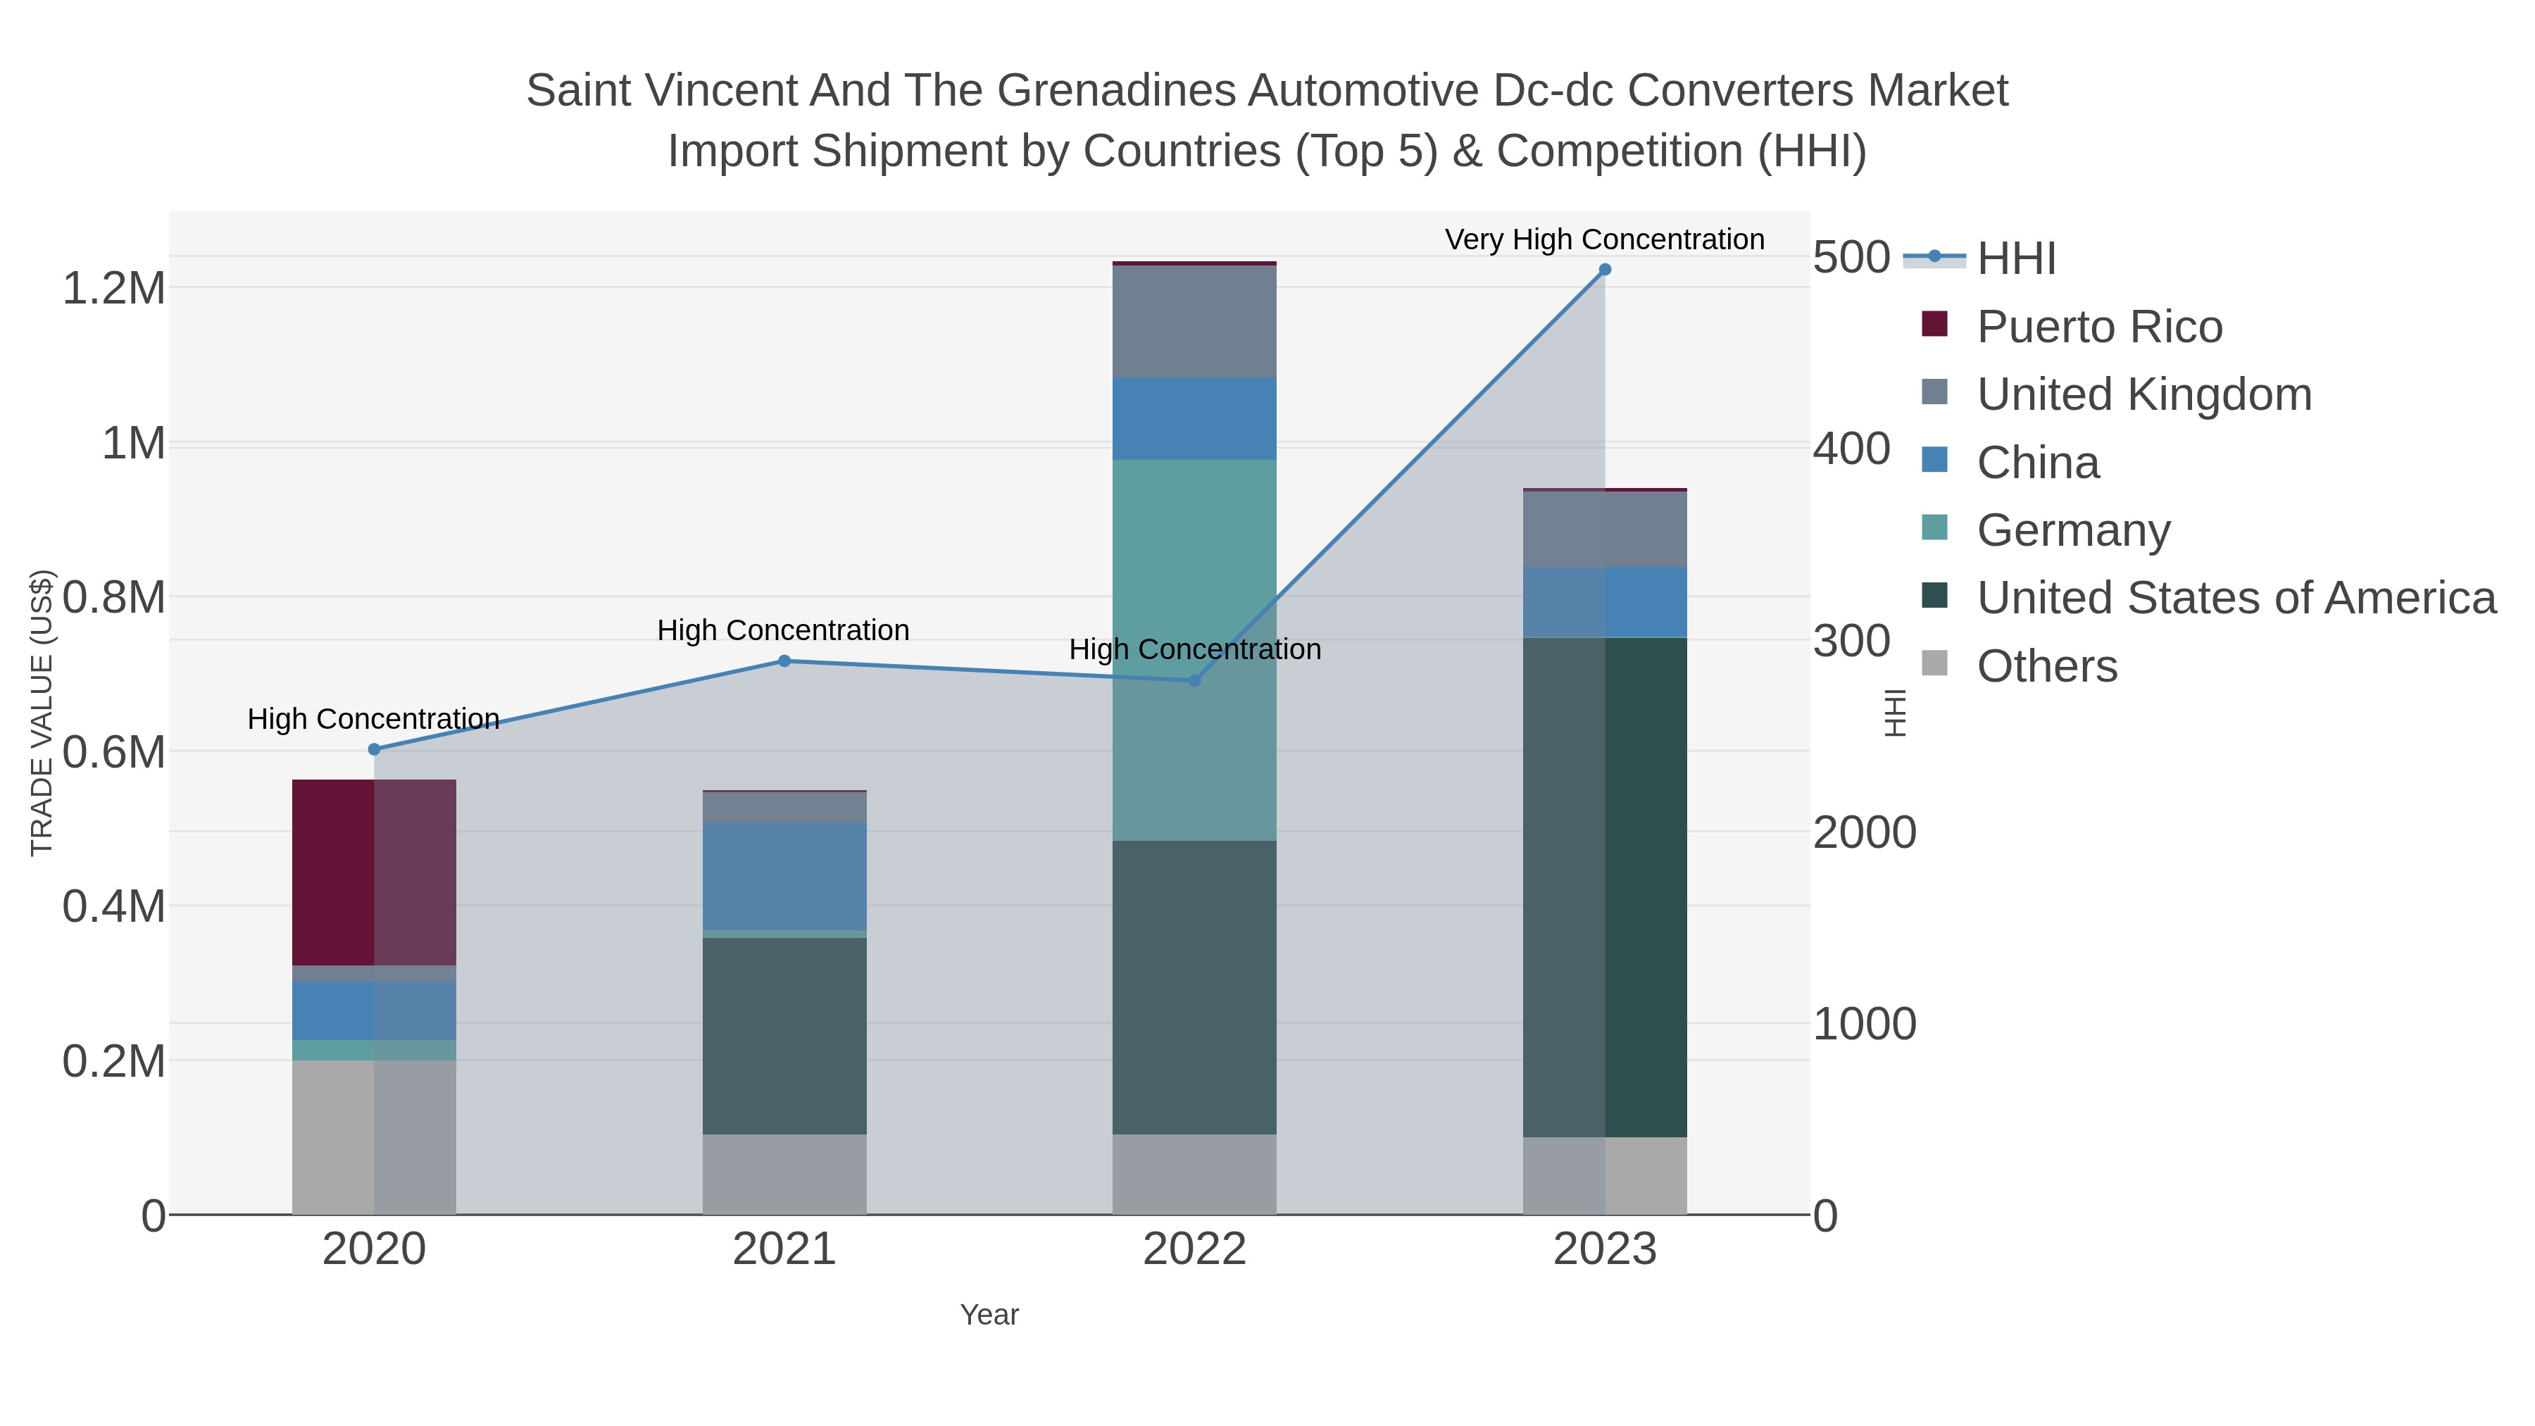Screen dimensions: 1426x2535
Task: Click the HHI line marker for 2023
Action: tap(1604, 270)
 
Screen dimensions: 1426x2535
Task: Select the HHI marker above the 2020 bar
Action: tap(374, 749)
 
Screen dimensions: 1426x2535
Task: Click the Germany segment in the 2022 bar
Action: tap(1194, 649)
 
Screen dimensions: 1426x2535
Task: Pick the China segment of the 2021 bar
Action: tap(784, 876)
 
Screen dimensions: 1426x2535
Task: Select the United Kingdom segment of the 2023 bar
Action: tap(1604, 530)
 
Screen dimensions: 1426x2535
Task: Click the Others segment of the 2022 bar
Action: tap(1194, 1174)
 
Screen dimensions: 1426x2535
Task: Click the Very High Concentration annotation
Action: tap(1604, 239)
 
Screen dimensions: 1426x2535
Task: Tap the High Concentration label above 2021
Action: tap(783, 630)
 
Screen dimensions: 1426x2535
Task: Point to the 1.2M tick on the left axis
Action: tap(113, 288)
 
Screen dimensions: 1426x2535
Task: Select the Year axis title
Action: tap(989, 1315)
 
